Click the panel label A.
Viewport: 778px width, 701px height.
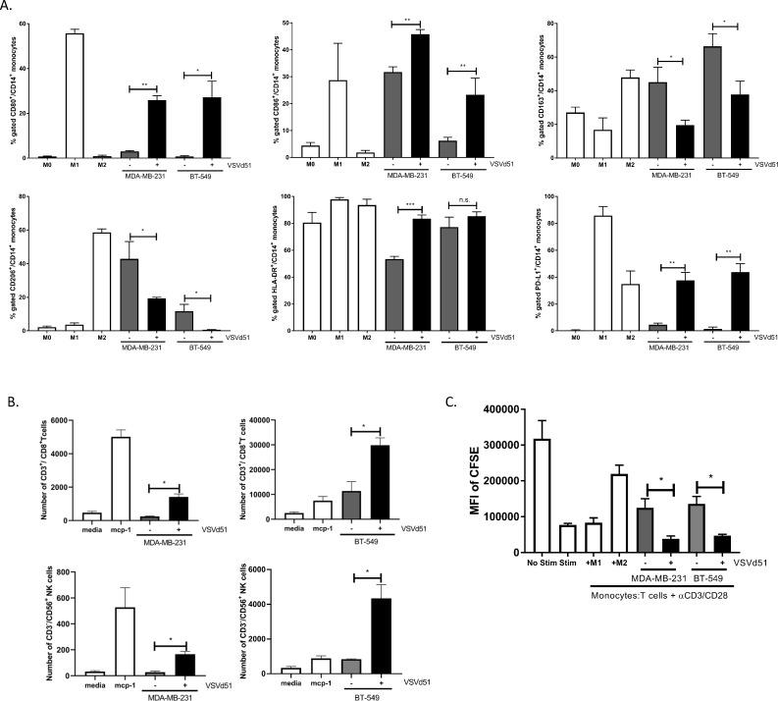pyautogui.click(x=13, y=8)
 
